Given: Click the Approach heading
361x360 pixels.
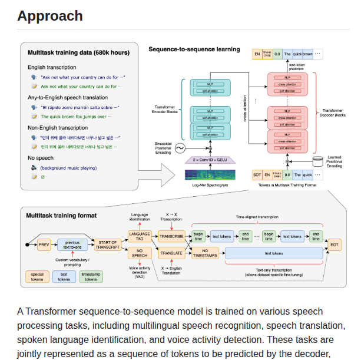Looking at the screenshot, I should coord(50,16).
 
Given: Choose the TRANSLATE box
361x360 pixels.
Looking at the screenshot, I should coord(171,253).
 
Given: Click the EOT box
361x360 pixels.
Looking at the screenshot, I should coord(334,244).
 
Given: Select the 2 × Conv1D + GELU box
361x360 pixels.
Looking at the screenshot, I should coord(210,160).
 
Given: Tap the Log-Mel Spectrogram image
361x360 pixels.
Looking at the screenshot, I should coord(210,174).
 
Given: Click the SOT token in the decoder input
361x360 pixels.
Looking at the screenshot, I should coord(257,174).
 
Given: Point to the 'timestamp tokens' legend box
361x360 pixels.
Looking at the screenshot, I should coord(91,276).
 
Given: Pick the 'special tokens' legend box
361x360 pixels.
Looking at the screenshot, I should coord(38,276).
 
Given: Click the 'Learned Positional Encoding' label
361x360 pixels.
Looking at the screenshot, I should coord(334,161).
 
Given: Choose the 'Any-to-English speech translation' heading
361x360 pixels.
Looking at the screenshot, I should coord(68,97).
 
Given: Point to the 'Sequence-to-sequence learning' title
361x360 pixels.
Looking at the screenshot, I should coord(194,49).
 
